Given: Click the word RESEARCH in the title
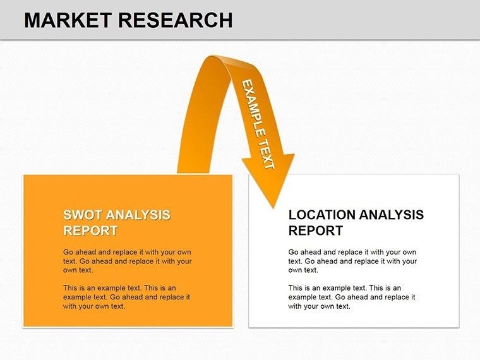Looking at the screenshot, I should tap(176, 20).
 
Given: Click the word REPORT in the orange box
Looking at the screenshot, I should tap(90, 231).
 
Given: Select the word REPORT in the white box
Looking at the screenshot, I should tap(316, 231).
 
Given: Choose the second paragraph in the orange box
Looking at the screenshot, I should tap(126, 297).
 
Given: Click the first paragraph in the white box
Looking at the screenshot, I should tap(352, 261).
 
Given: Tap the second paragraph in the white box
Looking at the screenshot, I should tap(352, 297).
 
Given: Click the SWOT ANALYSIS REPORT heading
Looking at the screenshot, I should tap(117, 222).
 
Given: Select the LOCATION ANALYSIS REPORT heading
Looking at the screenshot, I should tap(356, 222).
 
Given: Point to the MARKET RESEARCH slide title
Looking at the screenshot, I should tap(128, 20).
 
